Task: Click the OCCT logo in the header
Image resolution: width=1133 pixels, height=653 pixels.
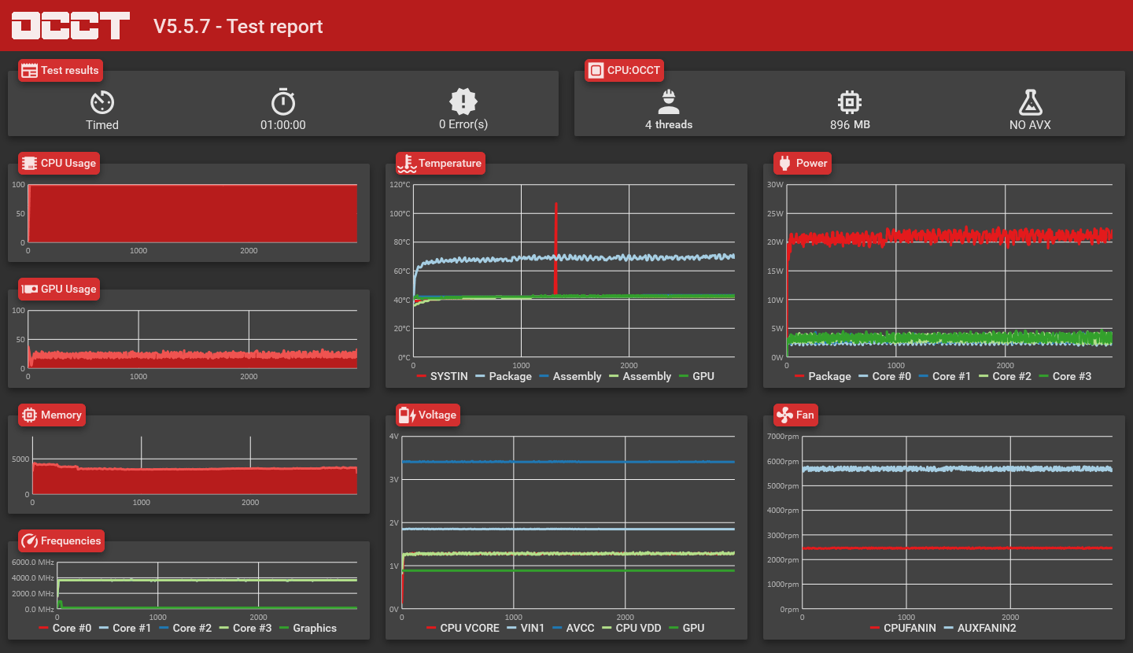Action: [x=71, y=25]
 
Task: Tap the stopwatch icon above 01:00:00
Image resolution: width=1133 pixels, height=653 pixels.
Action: [x=283, y=101]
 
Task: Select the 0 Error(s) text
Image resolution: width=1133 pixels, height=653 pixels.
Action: [x=463, y=124]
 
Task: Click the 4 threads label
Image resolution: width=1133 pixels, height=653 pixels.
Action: [x=669, y=124]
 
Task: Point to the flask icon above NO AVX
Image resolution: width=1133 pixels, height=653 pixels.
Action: [x=1031, y=102]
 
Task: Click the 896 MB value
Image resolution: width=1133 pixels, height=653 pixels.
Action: [x=850, y=124]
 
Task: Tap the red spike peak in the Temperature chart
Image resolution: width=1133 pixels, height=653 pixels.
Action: [x=555, y=203]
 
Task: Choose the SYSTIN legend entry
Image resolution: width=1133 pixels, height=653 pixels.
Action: [x=442, y=376]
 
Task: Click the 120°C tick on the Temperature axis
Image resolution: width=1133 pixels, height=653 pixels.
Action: [x=400, y=185]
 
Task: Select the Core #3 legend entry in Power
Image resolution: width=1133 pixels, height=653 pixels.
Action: [x=1065, y=376]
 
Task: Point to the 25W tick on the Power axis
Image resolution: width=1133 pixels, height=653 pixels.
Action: [x=775, y=213]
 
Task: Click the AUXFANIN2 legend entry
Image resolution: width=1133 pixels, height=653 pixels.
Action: [x=980, y=628]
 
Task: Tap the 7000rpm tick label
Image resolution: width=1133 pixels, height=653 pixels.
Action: [x=783, y=437]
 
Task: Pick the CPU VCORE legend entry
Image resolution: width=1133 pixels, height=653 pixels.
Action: [x=463, y=628]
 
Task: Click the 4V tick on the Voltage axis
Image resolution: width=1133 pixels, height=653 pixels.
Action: [x=394, y=437]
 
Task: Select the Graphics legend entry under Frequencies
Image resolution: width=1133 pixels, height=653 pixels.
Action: [x=308, y=628]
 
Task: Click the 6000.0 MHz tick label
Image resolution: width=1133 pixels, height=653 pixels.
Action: [x=33, y=563]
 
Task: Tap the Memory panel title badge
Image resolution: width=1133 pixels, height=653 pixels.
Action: [x=52, y=415]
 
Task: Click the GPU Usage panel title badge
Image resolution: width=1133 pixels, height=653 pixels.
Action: [x=59, y=289]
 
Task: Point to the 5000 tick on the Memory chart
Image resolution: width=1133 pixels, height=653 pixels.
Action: [x=20, y=459]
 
